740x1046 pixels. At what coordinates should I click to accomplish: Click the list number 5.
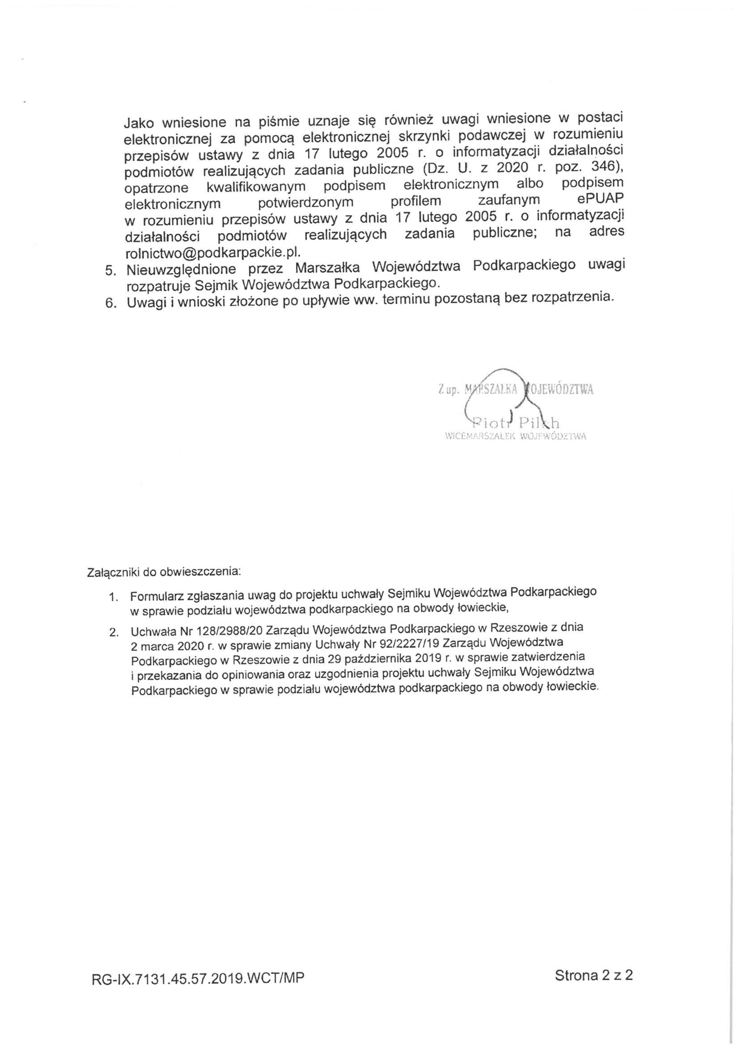[111, 270]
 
